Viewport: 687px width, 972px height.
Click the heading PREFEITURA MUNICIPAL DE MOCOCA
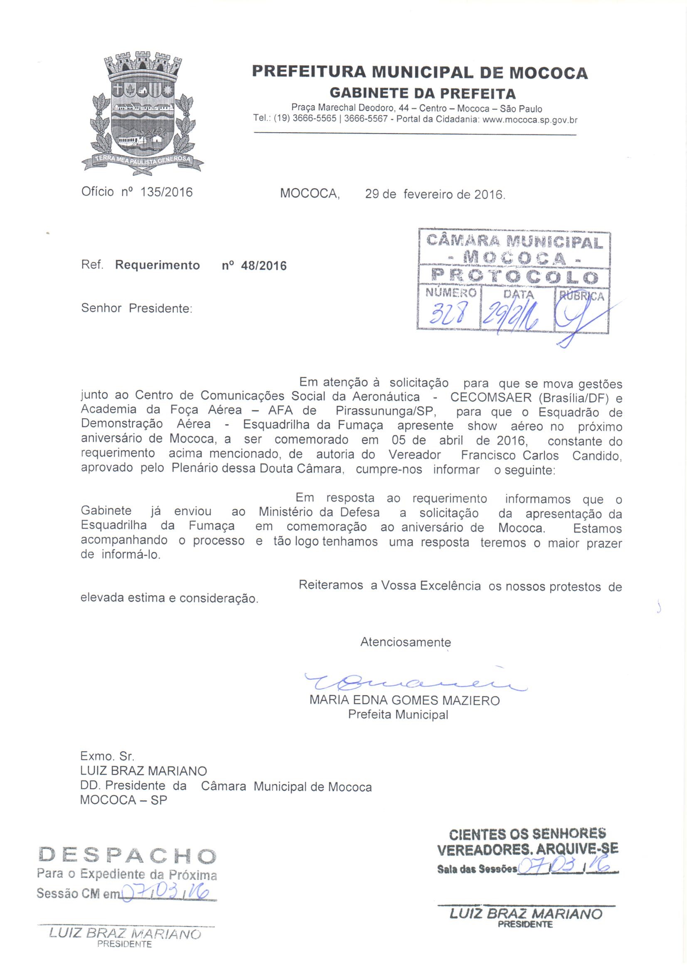(419, 73)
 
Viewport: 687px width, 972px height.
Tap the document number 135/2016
(166, 192)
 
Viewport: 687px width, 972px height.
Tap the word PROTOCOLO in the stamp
(514, 277)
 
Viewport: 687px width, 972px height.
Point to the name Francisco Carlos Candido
(541, 456)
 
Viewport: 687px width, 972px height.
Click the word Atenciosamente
(405, 642)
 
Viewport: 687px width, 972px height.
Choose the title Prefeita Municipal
(397, 715)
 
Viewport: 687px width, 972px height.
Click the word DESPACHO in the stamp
(127, 844)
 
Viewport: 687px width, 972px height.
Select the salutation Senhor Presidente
(136, 308)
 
